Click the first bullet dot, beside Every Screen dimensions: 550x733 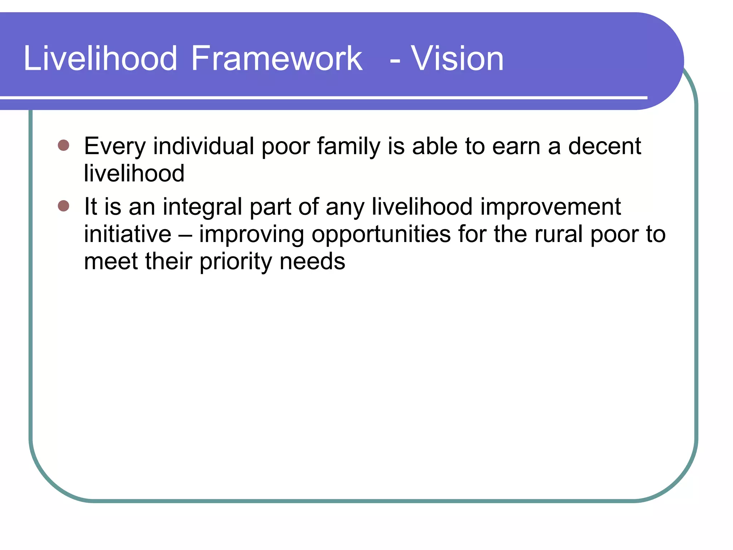coord(63,145)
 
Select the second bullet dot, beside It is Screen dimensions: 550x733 coord(63,206)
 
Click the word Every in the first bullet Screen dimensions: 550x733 coord(115,147)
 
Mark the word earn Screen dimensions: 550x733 coord(516,147)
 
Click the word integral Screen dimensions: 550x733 coord(202,207)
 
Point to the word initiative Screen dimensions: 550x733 coord(127,234)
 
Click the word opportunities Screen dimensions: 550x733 coord(381,235)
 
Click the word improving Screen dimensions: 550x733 coord(251,235)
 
